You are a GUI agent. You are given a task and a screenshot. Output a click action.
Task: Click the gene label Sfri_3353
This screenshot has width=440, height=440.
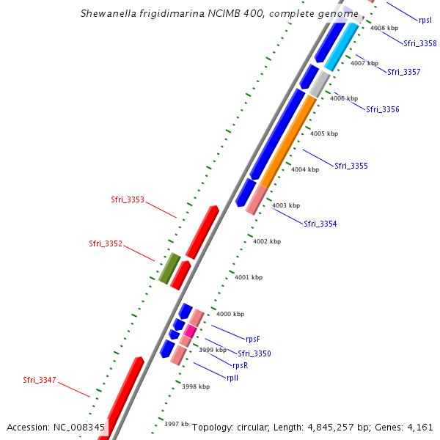(128, 199)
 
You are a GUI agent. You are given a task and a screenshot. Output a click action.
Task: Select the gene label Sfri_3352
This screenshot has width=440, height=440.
(106, 243)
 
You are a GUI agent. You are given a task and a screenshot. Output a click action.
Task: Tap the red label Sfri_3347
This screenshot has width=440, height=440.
(40, 380)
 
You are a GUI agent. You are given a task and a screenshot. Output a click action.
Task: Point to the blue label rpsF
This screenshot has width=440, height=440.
(253, 339)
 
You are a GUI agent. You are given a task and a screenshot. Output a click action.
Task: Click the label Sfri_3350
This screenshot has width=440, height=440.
(254, 353)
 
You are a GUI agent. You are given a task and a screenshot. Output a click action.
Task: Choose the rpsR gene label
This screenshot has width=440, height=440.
(240, 365)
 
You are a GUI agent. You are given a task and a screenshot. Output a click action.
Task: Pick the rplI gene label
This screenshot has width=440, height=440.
(232, 378)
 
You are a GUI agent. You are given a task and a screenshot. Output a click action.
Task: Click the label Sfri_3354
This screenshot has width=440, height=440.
(320, 224)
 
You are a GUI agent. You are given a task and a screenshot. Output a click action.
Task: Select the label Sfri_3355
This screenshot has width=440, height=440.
(351, 166)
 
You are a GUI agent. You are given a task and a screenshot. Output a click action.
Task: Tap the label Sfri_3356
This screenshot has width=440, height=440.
(383, 109)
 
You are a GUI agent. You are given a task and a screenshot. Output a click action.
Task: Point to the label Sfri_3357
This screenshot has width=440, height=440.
(404, 72)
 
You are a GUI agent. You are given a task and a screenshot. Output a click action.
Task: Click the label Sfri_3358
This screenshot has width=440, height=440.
(420, 43)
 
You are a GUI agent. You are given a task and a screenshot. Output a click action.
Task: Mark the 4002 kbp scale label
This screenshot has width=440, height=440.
(267, 241)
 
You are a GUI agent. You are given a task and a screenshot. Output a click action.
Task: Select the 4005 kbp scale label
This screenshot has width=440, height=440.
(324, 133)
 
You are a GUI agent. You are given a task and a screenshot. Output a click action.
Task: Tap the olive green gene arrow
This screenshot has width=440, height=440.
(169, 268)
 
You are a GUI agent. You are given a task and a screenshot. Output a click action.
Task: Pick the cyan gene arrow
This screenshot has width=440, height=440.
(342, 46)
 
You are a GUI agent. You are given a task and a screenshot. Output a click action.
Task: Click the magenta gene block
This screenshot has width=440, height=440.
(190, 331)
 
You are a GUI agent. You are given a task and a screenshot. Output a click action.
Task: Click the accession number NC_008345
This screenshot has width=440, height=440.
(81, 427)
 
